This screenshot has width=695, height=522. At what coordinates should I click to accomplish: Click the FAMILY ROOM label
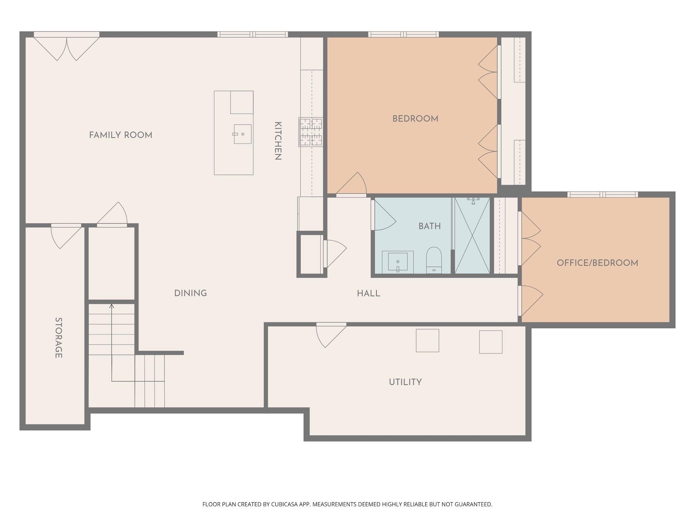[x=120, y=135]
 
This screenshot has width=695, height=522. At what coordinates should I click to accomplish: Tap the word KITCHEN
[x=278, y=141]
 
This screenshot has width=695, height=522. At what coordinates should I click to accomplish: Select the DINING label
[x=190, y=293]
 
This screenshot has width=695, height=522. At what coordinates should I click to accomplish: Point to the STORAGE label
[x=58, y=338]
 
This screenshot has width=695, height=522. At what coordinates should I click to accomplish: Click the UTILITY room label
[x=405, y=382]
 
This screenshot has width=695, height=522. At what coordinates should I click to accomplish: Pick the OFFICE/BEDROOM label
[x=597, y=263]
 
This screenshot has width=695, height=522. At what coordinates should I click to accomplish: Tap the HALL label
[x=368, y=294]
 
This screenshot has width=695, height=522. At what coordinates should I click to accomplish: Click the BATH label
[x=429, y=226]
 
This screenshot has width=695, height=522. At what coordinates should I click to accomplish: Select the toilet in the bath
[x=434, y=261]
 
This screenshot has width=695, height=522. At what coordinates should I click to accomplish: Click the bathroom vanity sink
[x=398, y=262]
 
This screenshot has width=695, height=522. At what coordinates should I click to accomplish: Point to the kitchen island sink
[x=242, y=134]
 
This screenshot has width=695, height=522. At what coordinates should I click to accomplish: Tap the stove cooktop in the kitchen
[x=311, y=132]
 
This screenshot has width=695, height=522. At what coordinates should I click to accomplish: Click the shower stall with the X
[x=472, y=235]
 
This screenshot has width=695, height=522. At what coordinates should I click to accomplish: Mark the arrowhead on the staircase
[x=112, y=306]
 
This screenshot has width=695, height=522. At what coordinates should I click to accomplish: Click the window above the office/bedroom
[x=602, y=194]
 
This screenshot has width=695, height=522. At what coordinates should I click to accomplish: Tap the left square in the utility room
[x=427, y=340]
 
